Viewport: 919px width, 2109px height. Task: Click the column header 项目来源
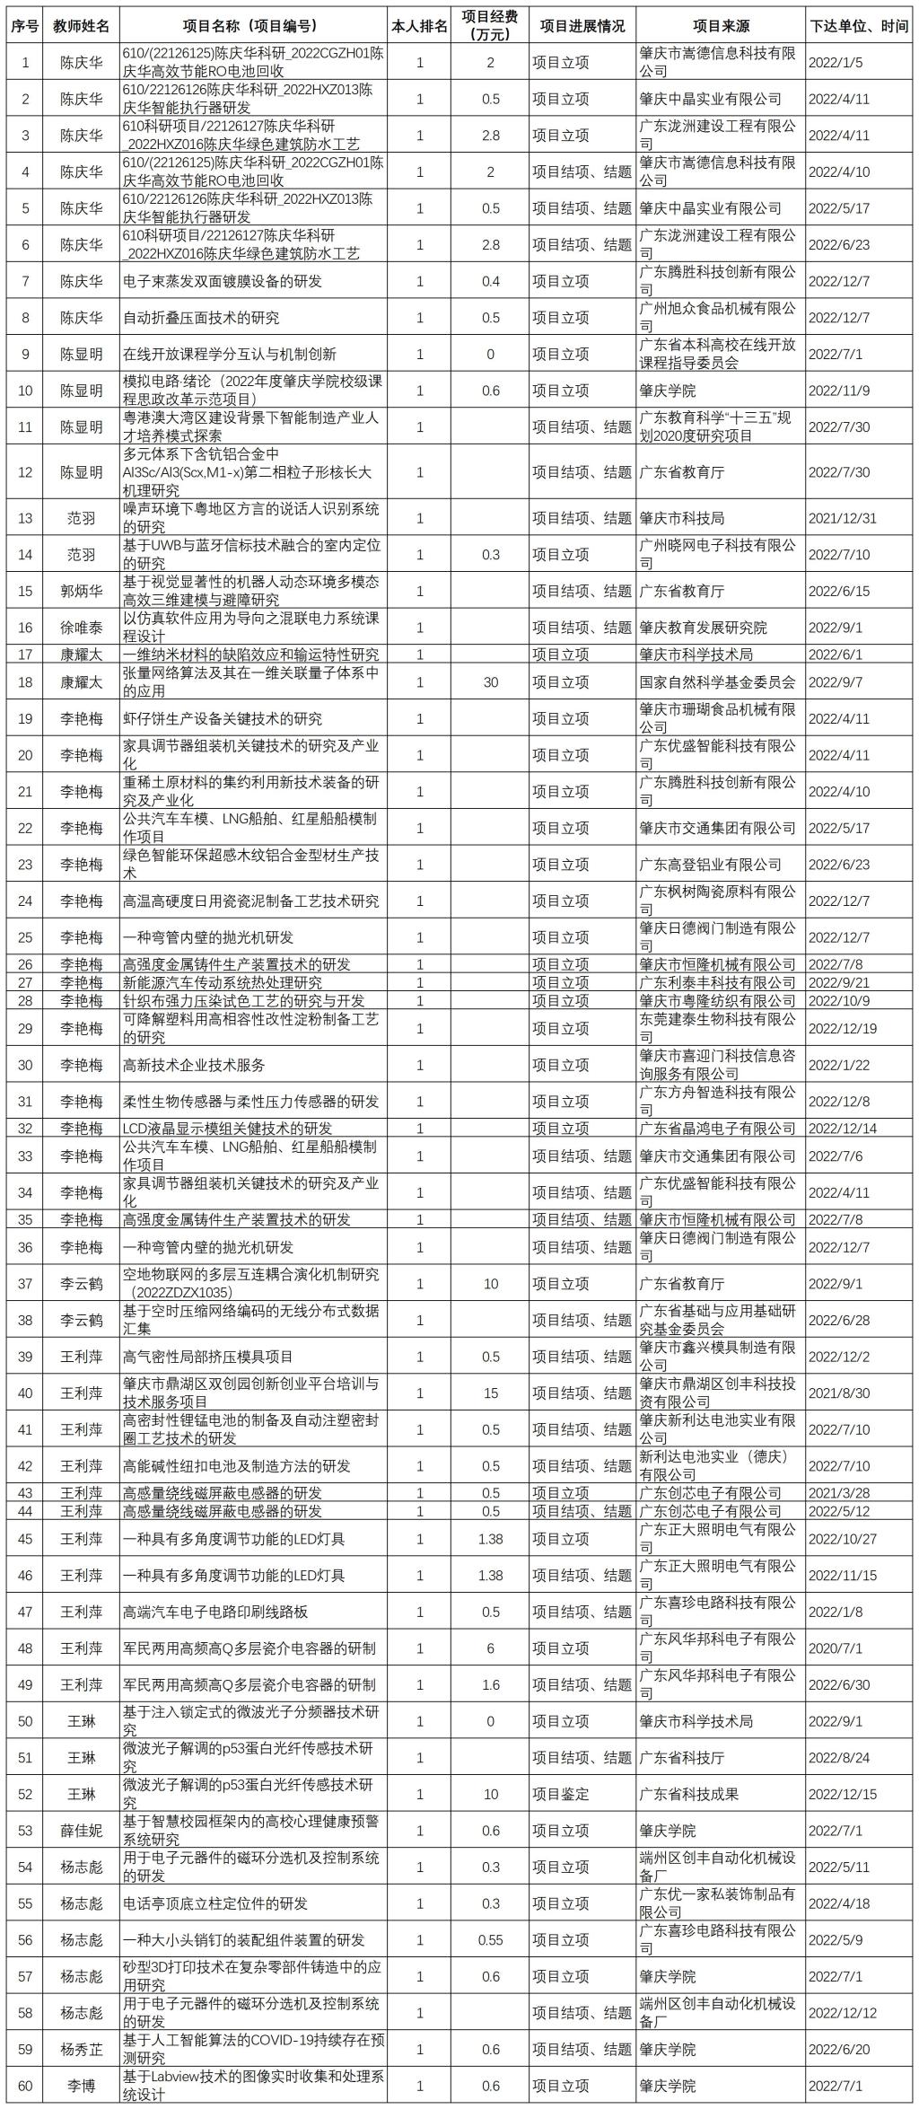719,26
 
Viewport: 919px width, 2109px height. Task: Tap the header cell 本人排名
420,26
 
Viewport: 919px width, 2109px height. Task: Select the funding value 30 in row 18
490,682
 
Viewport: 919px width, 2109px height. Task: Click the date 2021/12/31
841,518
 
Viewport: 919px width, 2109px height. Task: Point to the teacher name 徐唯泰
81,628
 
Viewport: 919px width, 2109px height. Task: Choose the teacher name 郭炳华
81,591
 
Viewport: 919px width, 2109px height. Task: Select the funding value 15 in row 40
490,1393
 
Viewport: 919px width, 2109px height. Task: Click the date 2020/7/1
835,1648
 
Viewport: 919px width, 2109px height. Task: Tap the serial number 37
25,1284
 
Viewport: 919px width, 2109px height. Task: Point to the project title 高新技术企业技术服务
194,1065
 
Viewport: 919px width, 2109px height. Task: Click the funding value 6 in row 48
490,1648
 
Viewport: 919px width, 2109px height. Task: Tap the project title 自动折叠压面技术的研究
201,318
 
